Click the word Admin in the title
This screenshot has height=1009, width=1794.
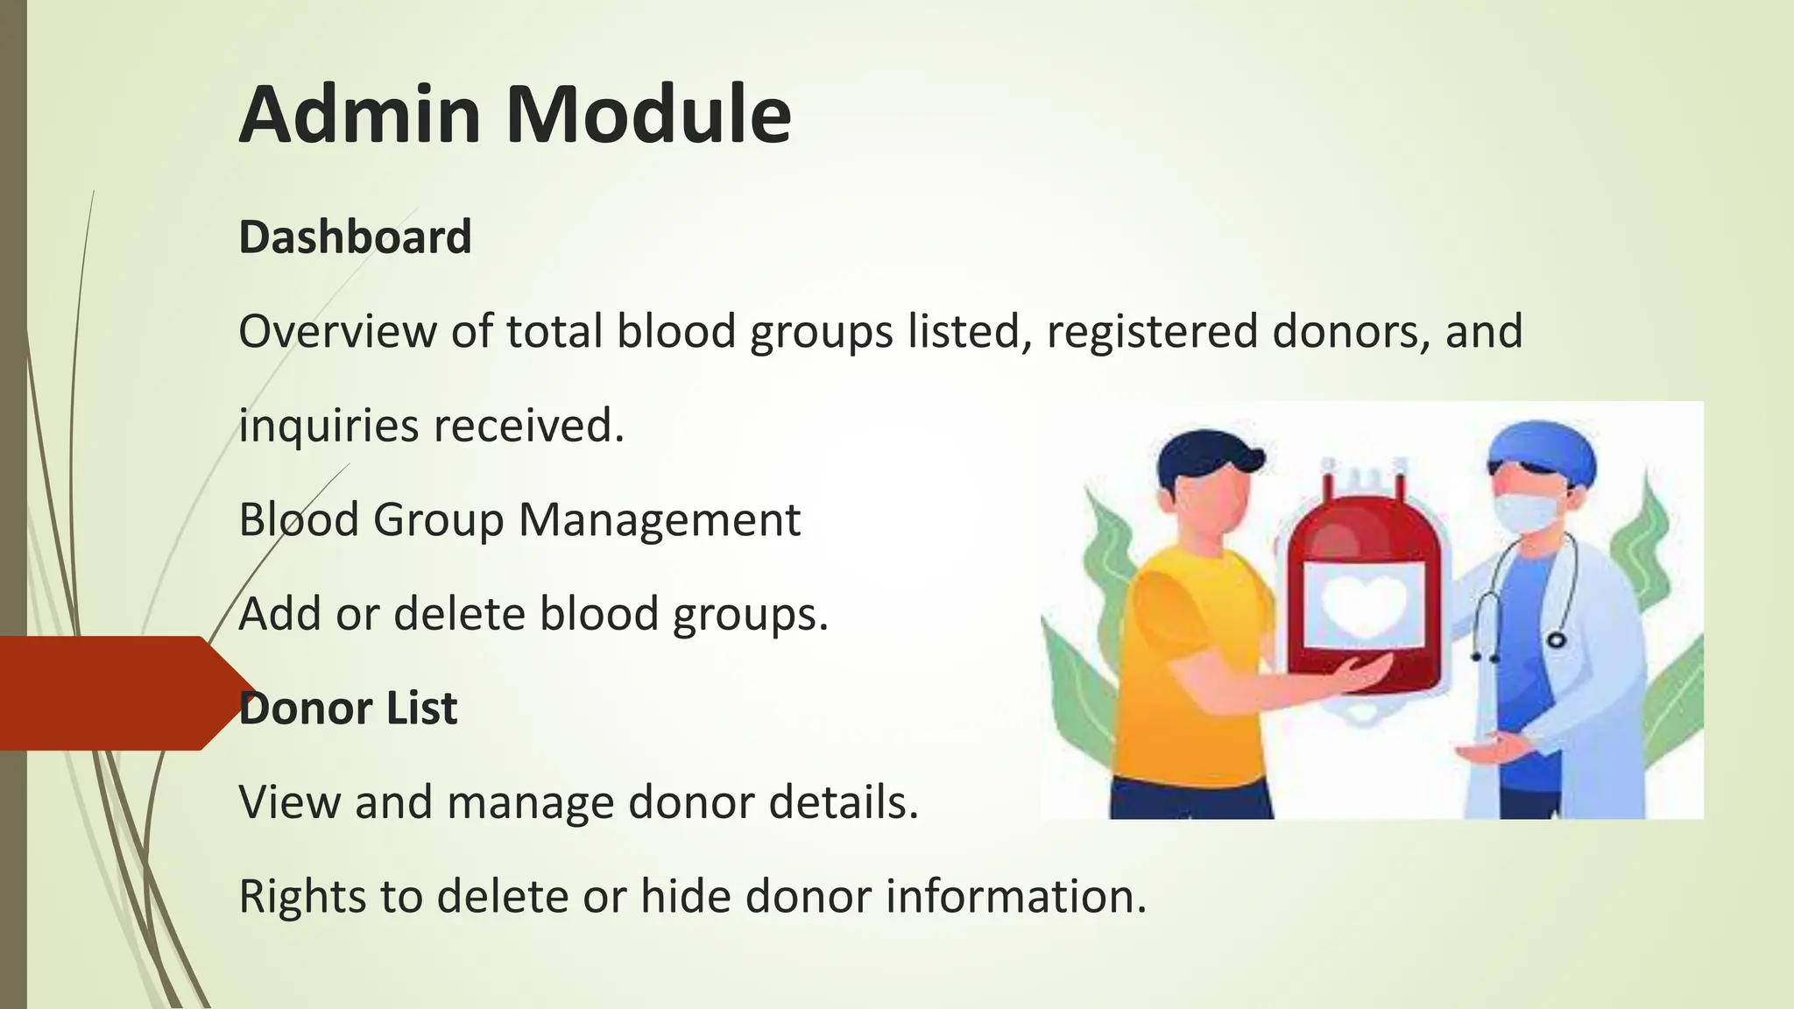[360, 115]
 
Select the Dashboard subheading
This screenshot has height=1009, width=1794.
[355, 237]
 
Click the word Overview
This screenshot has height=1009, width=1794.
[337, 332]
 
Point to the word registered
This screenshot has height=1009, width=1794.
[1151, 332]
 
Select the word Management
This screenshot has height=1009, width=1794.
[659, 520]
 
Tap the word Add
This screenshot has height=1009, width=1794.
[279, 614]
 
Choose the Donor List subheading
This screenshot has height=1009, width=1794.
[348, 709]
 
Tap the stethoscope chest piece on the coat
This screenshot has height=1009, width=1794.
[1556, 640]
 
